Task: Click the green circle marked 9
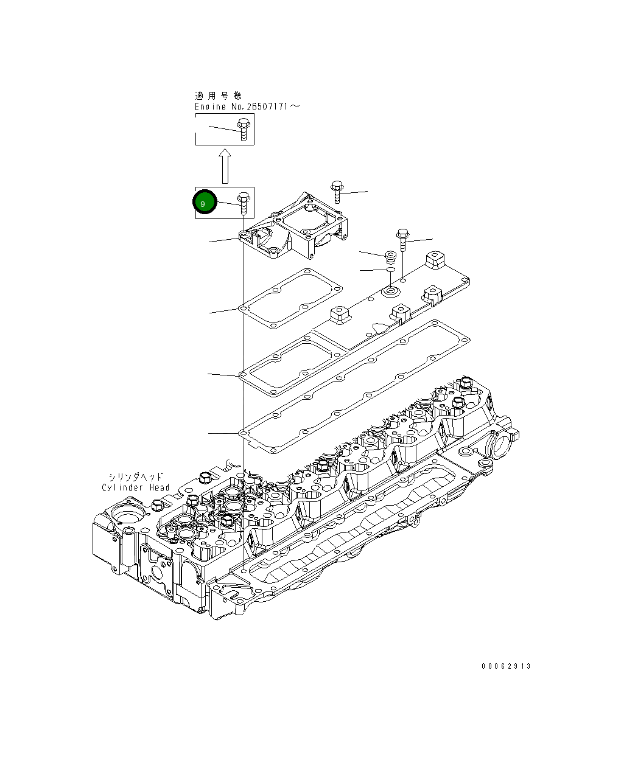click(205, 203)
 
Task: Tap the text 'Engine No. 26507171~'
click(247, 106)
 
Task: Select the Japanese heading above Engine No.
click(217, 96)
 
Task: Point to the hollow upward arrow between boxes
click(225, 166)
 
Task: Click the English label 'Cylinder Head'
click(136, 487)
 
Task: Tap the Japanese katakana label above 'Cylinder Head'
click(136, 477)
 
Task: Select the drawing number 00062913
click(506, 666)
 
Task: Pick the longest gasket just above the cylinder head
click(359, 383)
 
